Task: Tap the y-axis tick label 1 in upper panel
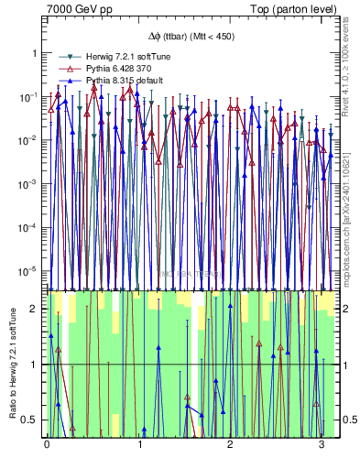pyautogui.click(x=36, y=53)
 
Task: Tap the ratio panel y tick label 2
pyautogui.click(x=36, y=309)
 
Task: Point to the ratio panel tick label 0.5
pyautogui.click(x=32, y=420)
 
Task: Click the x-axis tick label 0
pyautogui.click(x=47, y=444)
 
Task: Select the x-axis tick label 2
pyautogui.click(x=230, y=444)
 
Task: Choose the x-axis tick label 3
pyautogui.click(x=322, y=444)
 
